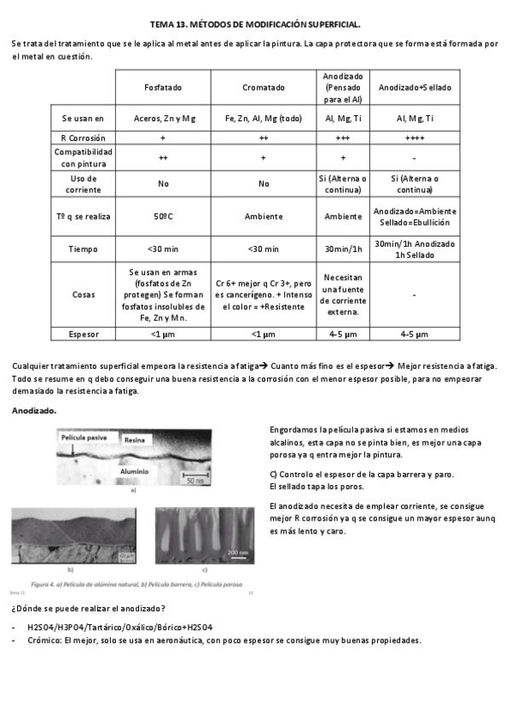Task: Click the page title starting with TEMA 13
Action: [255, 26]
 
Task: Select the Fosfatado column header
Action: [163, 88]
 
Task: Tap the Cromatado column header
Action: [263, 88]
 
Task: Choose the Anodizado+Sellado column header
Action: [415, 88]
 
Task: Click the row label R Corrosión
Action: [77, 137]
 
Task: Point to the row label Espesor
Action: [77, 334]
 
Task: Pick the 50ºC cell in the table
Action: [163, 216]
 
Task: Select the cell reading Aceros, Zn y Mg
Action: [163, 118]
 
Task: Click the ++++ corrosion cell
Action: [415, 137]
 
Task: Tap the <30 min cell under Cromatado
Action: [263, 248]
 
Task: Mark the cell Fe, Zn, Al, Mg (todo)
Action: [263, 118]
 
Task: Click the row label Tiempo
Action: [77, 248]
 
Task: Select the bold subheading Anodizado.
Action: [34, 411]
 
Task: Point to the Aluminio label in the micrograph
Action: [134, 470]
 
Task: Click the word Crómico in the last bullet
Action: [44, 640]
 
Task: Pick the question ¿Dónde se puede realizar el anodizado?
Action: [89, 608]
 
